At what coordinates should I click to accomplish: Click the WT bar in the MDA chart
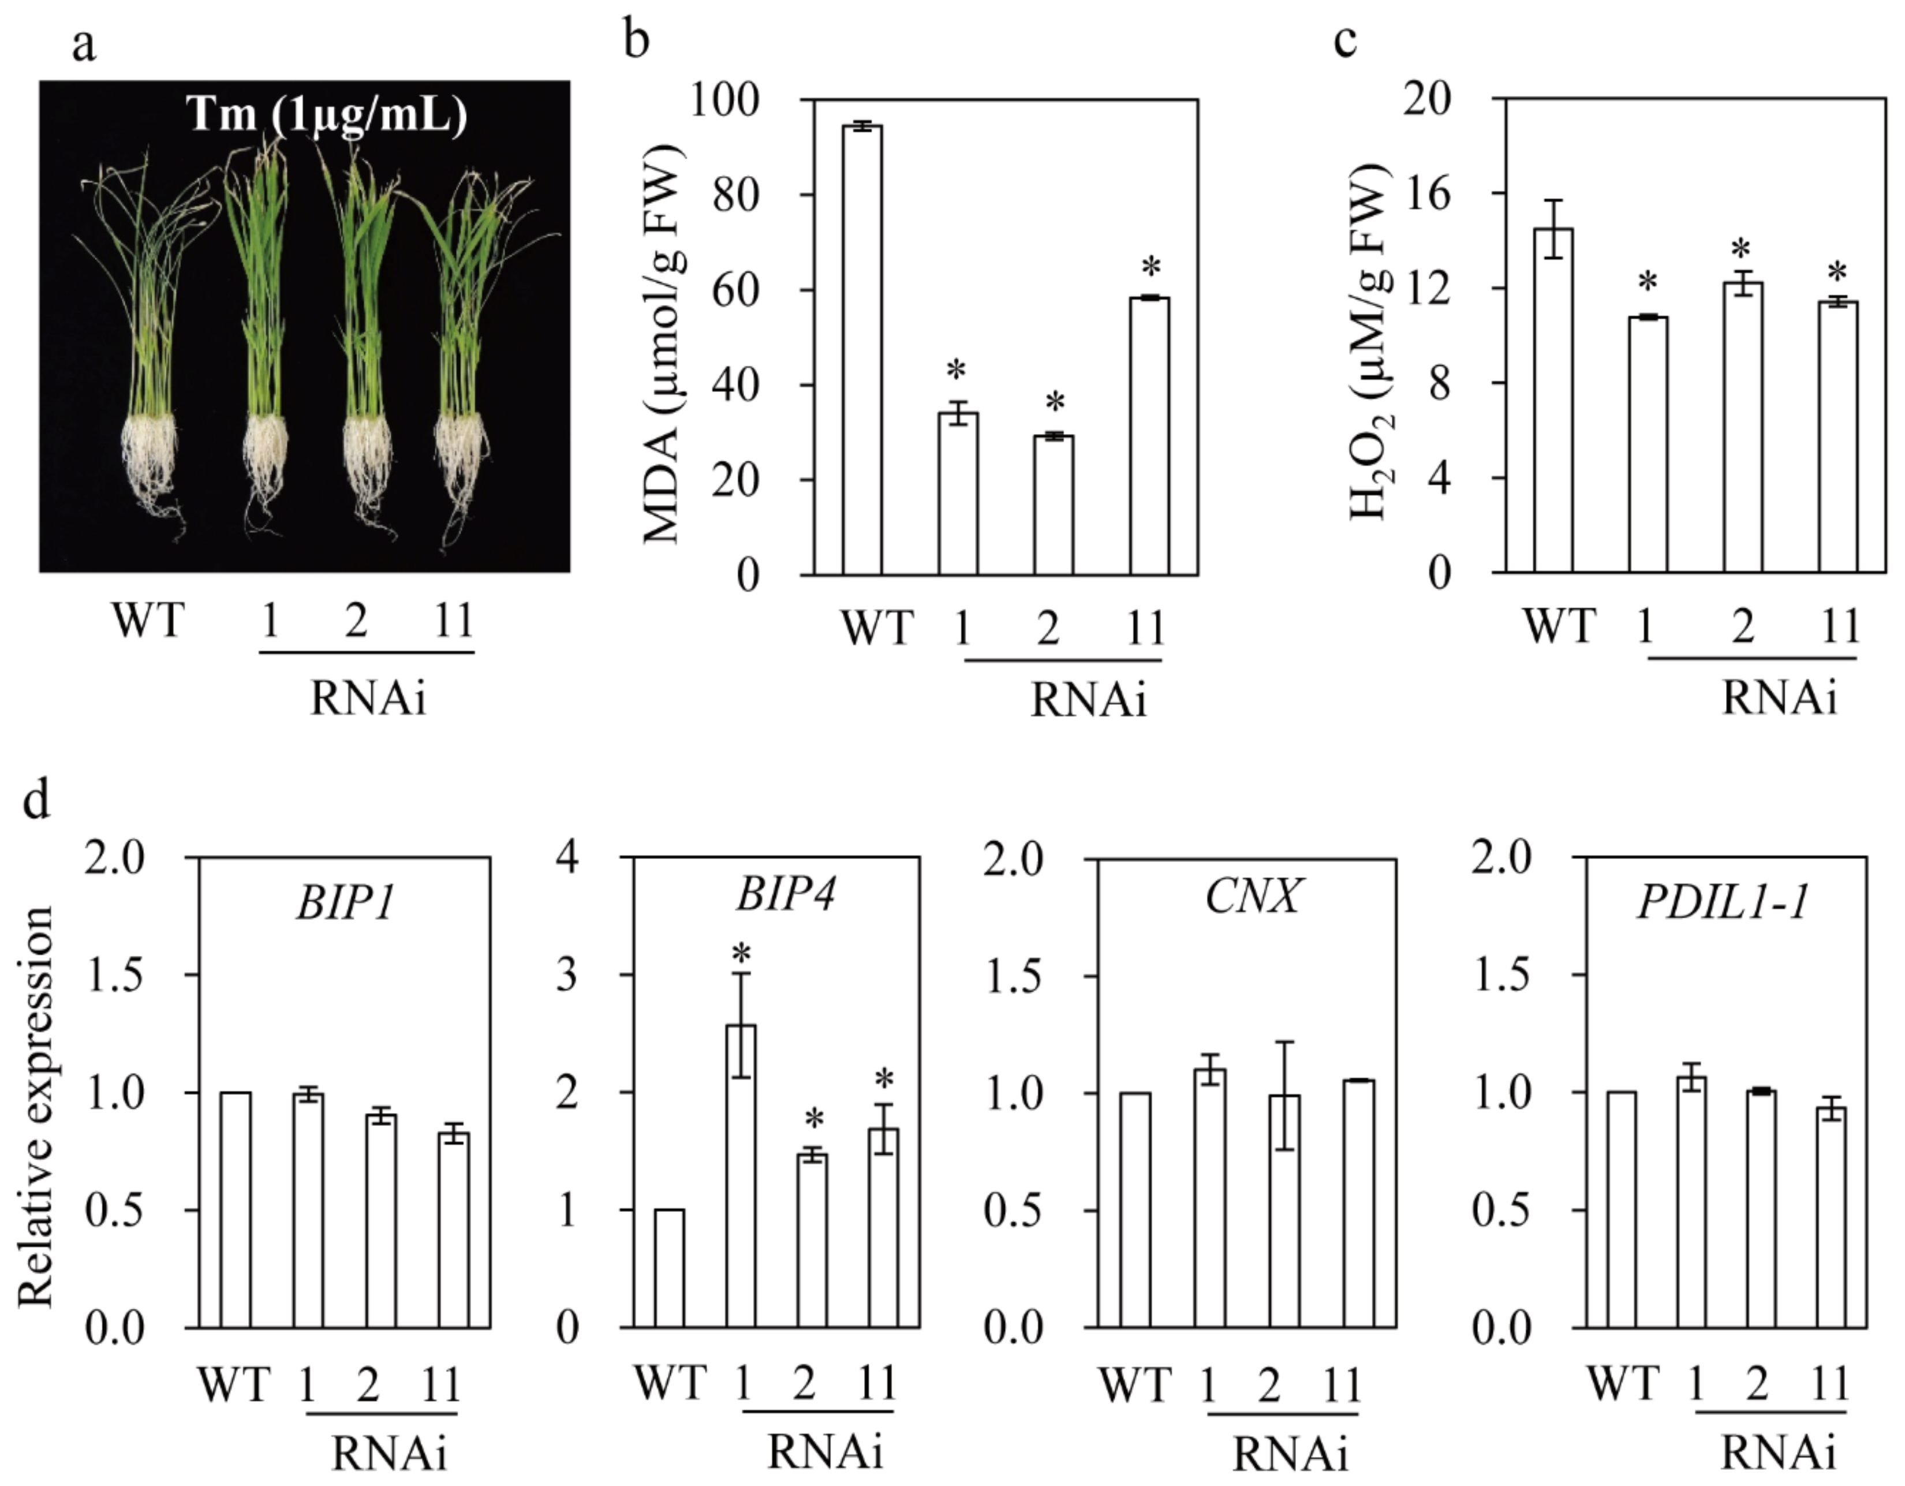862,349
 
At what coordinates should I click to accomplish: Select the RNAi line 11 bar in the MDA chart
1149,436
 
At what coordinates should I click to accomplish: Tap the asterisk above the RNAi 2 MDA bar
1055,404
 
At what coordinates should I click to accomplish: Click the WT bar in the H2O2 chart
1553,401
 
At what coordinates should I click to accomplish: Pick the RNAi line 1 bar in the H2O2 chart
1648,445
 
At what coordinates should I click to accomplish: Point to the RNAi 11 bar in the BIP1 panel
454,1230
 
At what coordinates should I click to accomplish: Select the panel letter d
36,799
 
